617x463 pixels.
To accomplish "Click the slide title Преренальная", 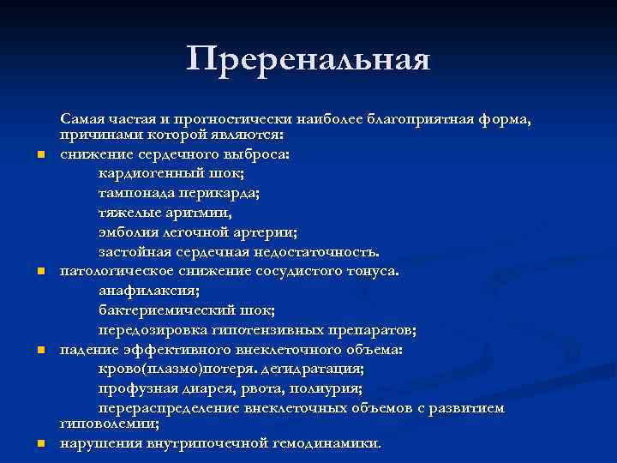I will click(x=308, y=59).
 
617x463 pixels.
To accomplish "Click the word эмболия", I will click(x=127, y=231).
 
